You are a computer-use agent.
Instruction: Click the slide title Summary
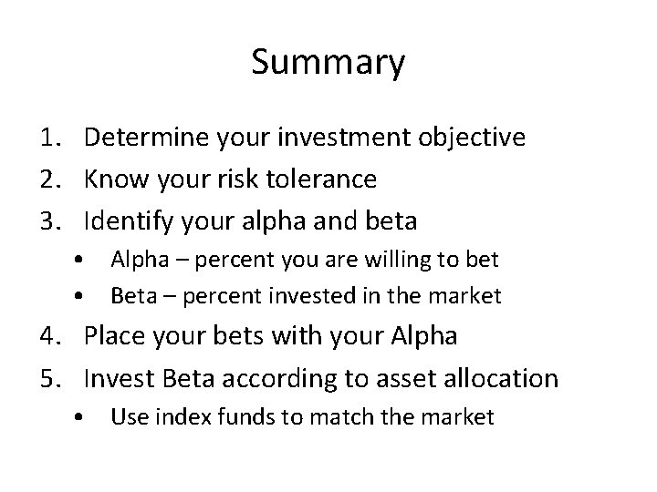328,64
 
